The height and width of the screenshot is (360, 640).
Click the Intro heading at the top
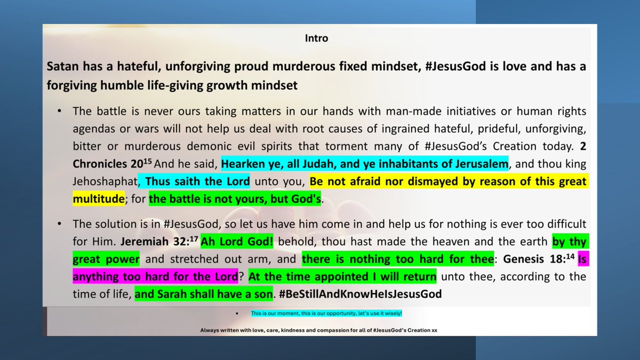coord(316,38)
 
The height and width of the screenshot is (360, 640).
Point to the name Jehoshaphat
coord(103,181)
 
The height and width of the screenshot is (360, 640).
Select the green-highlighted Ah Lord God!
coord(237,241)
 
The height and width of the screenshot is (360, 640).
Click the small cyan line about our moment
coord(330,313)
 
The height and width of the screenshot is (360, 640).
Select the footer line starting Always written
coord(319,331)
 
